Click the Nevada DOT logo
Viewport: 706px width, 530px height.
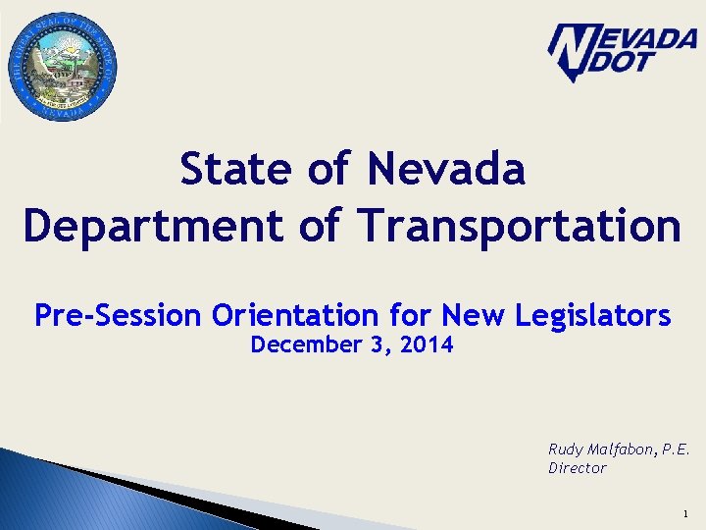(x=621, y=51)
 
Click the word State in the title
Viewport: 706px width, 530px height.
(x=237, y=170)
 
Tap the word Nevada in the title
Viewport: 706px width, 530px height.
(x=446, y=170)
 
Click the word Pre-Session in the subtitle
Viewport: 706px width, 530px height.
(x=118, y=316)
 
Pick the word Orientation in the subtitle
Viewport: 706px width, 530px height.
(x=293, y=316)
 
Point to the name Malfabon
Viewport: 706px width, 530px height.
(x=620, y=449)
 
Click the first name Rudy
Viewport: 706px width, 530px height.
(x=566, y=450)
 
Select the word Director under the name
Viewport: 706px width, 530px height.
(x=577, y=468)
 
